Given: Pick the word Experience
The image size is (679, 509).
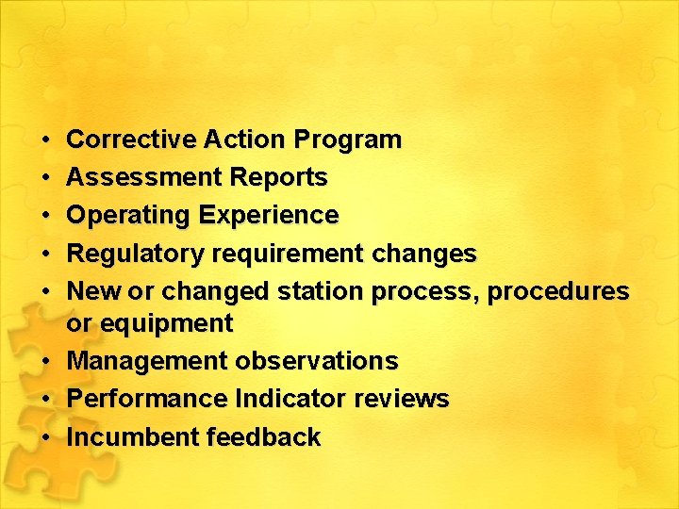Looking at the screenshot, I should point(269,216).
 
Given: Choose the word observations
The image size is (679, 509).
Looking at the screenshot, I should point(317,361).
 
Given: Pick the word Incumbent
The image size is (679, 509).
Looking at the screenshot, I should point(133,437).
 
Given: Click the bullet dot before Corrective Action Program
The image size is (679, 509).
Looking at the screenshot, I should point(46,140).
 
